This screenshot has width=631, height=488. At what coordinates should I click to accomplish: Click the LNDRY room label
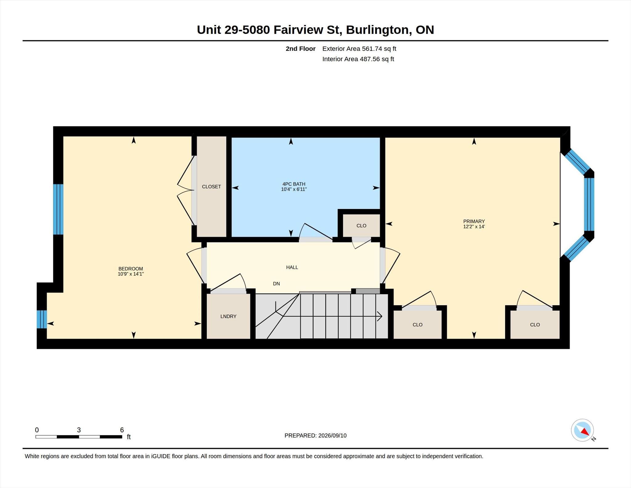(228, 316)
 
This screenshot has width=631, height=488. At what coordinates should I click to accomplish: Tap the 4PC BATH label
(294, 184)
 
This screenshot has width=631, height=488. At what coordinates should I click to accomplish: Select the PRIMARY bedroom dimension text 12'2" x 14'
(474, 227)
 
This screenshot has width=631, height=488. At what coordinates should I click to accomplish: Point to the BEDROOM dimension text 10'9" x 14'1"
(131, 274)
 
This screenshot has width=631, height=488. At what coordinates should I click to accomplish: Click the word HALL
(292, 267)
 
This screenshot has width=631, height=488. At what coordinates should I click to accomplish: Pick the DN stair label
(276, 284)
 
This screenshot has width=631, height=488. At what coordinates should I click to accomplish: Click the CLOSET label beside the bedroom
(211, 187)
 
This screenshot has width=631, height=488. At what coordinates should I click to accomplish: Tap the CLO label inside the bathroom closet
(361, 226)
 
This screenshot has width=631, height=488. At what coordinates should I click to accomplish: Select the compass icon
(582, 430)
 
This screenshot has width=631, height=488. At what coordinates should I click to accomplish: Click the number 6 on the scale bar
(122, 430)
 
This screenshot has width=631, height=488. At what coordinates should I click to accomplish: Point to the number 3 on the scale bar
(79, 430)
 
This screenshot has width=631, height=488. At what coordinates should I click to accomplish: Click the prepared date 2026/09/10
(332, 436)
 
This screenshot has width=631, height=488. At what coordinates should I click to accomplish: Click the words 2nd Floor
(301, 49)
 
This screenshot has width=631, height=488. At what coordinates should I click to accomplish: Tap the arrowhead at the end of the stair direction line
(380, 316)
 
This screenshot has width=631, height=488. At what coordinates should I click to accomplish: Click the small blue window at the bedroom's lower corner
(42, 319)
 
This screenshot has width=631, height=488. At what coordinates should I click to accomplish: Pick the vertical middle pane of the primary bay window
(589, 204)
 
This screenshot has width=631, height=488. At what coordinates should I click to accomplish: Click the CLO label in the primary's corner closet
(535, 325)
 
